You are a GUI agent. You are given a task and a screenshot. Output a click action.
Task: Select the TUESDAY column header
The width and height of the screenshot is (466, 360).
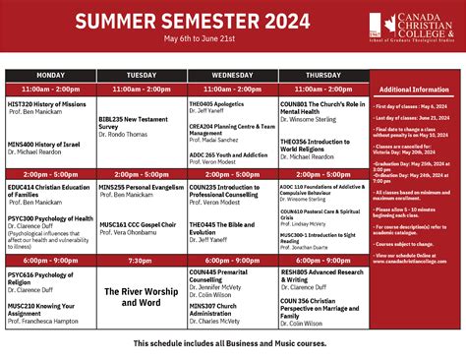click(141, 75)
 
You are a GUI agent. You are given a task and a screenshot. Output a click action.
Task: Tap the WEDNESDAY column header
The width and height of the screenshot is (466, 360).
click(231, 75)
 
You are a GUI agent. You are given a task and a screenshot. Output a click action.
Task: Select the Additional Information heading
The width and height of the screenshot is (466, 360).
click(414, 89)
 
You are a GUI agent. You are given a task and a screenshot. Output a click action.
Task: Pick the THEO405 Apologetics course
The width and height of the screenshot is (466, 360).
click(215, 103)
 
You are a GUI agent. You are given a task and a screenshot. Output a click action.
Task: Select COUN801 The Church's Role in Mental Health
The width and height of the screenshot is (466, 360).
click(323, 107)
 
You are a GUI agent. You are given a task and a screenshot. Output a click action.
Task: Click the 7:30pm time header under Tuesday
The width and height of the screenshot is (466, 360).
click(141, 261)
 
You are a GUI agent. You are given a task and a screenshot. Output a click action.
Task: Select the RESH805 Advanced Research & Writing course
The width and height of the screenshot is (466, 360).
click(322, 275)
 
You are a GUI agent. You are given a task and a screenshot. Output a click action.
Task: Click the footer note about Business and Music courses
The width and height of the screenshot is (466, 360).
click(232, 343)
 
